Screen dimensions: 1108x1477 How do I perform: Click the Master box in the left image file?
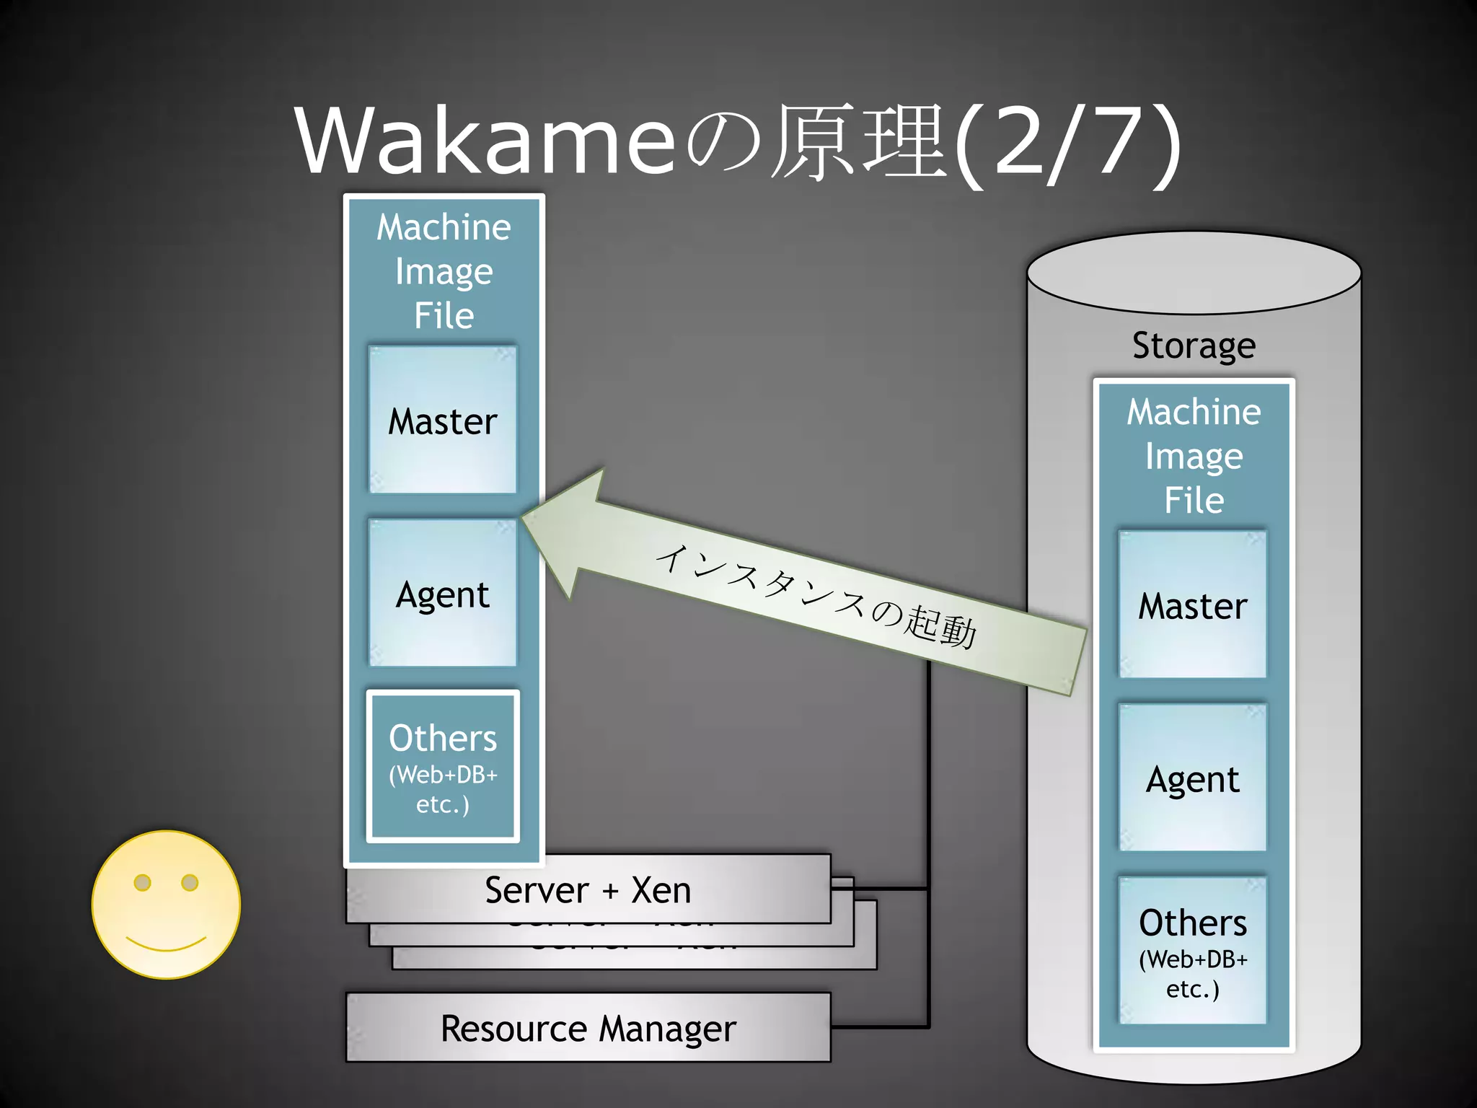443,421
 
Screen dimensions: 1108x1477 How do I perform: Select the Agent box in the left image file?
443,594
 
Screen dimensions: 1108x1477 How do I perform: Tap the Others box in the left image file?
443,767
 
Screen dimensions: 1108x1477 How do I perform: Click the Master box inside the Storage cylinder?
1193,605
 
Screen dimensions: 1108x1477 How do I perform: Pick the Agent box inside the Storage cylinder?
1193,778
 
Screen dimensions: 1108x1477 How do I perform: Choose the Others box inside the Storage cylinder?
1193,951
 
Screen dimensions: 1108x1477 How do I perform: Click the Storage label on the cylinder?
1194,345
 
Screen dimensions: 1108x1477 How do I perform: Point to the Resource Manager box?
588,1028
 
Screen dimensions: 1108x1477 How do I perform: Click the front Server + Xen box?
588,889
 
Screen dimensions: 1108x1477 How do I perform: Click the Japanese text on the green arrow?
815,595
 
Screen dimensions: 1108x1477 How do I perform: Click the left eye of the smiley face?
143,882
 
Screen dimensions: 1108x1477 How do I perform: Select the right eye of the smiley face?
190,882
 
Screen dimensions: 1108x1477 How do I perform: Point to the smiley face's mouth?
166,944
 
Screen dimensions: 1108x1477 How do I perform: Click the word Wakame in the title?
485,141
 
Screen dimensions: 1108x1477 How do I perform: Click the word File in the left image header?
444,315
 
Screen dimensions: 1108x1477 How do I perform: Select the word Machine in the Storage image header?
1194,412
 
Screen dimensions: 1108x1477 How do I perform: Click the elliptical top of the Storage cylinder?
1194,273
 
